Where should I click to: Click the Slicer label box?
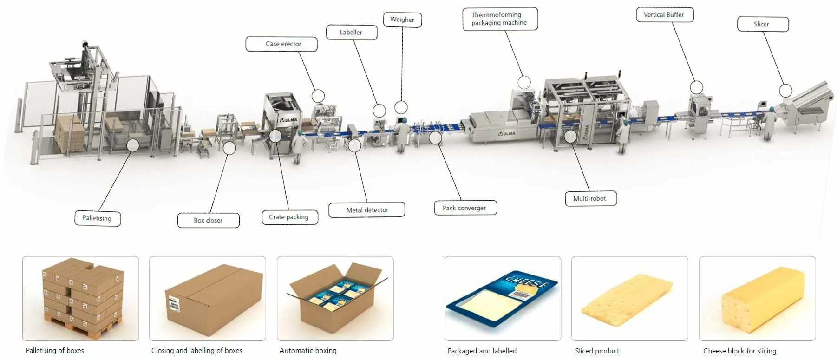tap(763, 24)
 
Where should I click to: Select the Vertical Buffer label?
tap(665, 15)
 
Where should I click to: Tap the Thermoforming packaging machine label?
tap(500, 19)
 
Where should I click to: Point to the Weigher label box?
tap(402, 20)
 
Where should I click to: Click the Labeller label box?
tap(351, 33)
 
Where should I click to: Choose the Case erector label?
tap(281, 44)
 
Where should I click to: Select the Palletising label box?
tap(98, 218)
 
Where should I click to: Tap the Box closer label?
tap(208, 220)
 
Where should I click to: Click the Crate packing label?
tap(289, 217)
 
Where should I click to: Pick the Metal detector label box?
tap(366, 210)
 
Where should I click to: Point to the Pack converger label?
tap(465, 208)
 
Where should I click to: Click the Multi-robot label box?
tap(590, 198)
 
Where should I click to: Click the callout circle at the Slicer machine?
tap(785, 91)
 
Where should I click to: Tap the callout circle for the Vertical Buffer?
tap(696, 87)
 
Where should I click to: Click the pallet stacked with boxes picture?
tap(82, 297)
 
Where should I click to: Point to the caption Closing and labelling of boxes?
tap(196, 351)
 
